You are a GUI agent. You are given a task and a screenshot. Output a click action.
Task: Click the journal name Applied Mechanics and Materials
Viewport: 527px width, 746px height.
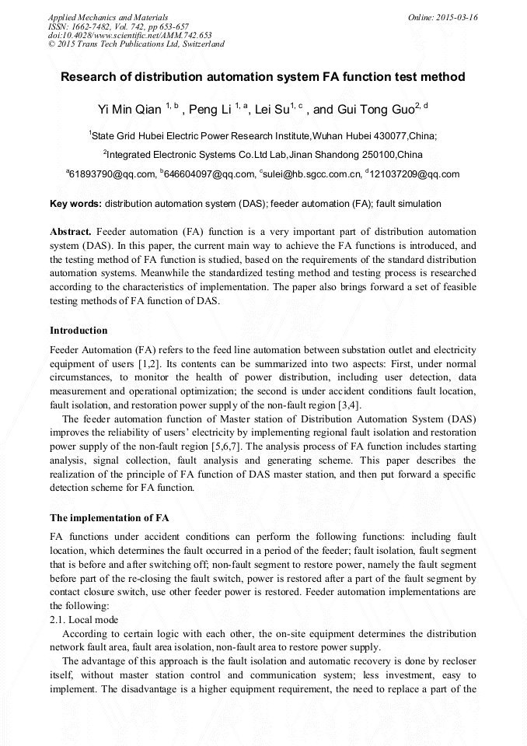107,17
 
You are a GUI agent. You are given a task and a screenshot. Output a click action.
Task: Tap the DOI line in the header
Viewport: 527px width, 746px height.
130,35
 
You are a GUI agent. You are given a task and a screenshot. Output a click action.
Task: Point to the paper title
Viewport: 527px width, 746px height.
263,77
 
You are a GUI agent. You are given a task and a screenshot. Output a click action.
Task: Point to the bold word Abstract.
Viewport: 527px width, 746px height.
71,233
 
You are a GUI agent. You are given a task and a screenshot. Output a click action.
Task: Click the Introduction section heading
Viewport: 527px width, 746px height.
79,331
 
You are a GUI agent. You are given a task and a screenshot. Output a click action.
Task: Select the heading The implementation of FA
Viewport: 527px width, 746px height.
110,517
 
